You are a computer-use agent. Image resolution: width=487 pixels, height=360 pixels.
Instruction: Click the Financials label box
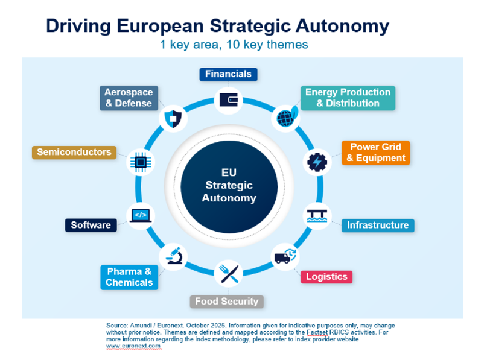pyautogui.click(x=228, y=74)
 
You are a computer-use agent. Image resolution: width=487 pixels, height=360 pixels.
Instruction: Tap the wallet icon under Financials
pyautogui.click(x=229, y=100)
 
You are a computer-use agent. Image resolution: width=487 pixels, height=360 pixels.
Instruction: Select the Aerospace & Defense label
pyautogui.click(x=129, y=98)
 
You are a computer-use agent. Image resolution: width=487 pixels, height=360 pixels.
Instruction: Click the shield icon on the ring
pyautogui.click(x=173, y=119)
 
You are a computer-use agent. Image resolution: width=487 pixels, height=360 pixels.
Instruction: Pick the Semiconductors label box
pyautogui.click(x=74, y=152)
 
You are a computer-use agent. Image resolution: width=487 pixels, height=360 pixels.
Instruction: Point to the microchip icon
pyautogui.click(x=141, y=162)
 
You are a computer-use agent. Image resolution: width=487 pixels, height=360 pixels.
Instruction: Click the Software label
pyautogui.click(x=91, y=225)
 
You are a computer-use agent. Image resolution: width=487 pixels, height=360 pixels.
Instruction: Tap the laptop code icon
pyautogui.click(x=141, y=215)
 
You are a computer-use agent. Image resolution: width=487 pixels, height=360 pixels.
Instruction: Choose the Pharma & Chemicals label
pyautogui.click(x=129, y=277)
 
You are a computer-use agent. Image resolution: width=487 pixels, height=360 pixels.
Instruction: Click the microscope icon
pyautogui.click(x=174, y=256)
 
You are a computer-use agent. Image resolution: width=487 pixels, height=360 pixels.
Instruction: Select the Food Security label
pyautogui.click(x=227, y=302)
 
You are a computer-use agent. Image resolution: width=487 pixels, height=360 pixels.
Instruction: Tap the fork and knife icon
pyautogui.click(x=229, y=274)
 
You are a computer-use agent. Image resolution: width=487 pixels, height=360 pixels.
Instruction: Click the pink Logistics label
pyautogui.click(x=326, y=277)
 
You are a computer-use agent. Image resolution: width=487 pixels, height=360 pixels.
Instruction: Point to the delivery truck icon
pyautogui.click(x=285, y=256)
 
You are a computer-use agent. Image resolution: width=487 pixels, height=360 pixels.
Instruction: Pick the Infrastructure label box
pyautogui.click(x=378, y=226)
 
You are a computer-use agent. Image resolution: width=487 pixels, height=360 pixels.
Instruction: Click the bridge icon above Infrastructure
pyautogui.click(x=317, y=216)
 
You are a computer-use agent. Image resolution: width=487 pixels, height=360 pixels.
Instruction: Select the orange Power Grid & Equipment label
pyautogui.click(x=375, y=153)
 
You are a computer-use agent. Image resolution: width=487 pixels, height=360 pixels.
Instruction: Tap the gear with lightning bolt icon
pyautogui.click(x=317, y=162)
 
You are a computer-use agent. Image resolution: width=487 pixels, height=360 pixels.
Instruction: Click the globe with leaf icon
pyautogui.click(x=287, y=117)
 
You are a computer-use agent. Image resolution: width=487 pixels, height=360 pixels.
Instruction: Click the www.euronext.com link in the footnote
pyautogui.click(x=133, y=346)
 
